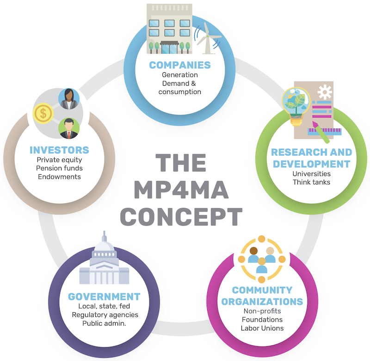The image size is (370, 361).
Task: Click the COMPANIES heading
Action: point(179,65)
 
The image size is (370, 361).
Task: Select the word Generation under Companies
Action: point(179,75)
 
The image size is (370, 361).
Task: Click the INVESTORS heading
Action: point(59,150)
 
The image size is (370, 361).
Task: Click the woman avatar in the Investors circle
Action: point(69,99)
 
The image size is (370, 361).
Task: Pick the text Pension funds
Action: point(59,168)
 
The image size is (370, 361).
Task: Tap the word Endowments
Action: point(59,177)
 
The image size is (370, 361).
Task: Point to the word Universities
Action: point(311,174)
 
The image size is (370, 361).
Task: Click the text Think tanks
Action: point(311,182)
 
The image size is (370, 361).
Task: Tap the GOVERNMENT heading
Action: point(104,297)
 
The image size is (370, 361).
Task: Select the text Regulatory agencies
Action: point(105,315)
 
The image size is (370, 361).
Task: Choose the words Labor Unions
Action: point(262,328)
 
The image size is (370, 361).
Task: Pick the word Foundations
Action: point(262,320)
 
